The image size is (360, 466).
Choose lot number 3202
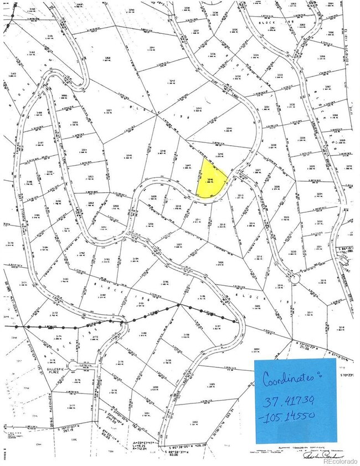click(x=195, y=422)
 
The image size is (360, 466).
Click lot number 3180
click(x=144, y=334)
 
